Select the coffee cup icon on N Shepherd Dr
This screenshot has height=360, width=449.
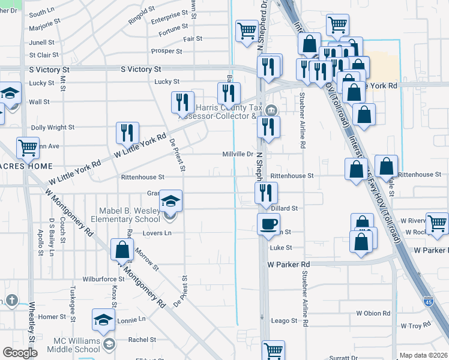click(x=268, y=223)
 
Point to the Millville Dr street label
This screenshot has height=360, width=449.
click(x=237, y=154)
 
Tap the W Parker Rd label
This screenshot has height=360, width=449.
click(x=288, y=264)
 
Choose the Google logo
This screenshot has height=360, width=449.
click(x=20, y=352)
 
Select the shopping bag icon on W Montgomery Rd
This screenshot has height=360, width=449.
click(x=122, y=249)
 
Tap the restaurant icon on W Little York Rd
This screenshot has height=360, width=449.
click(x=127, y=132)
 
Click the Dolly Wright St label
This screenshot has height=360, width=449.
click(x=53, y=127)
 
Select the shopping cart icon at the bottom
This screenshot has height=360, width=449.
click(x=273, y=350)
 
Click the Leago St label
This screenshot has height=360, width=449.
click(x=285, y=321)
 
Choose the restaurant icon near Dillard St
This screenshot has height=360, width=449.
click(x=265, y=193)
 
